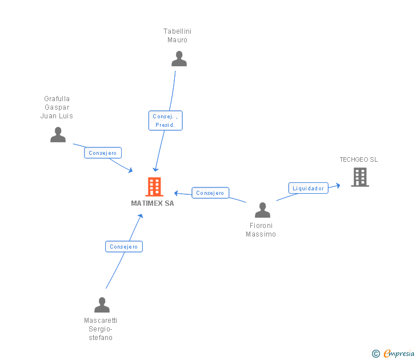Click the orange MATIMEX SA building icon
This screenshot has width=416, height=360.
(154, 186)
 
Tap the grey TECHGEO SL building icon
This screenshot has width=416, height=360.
(360, 177)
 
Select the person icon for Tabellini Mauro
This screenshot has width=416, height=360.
(179, 58)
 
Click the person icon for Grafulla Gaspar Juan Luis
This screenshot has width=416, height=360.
(58, 134)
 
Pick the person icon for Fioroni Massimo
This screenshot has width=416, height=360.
(262, 210)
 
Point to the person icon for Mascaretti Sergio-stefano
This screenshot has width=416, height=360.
(102, 305)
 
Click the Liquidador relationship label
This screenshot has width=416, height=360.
(308, 188)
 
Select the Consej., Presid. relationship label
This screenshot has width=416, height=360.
(165, 121)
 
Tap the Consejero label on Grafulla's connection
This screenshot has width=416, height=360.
(103, 153)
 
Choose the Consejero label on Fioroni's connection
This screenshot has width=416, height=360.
(210, 193)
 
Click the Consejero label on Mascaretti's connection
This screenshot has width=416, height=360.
(123, 247)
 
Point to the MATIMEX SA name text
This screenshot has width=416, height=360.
(153, 203)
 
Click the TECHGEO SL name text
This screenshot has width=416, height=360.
(359, 159)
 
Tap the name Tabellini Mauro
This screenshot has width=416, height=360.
(177, 35)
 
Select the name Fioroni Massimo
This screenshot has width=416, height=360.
(261, 230)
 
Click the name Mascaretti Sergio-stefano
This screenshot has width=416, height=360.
(101, 329)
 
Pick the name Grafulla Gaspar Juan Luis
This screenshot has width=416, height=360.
(57, 107)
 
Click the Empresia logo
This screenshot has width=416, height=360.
(398, 354)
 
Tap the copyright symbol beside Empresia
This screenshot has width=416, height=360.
(376, 354)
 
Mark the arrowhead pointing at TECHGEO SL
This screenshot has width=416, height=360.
(338, 185)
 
